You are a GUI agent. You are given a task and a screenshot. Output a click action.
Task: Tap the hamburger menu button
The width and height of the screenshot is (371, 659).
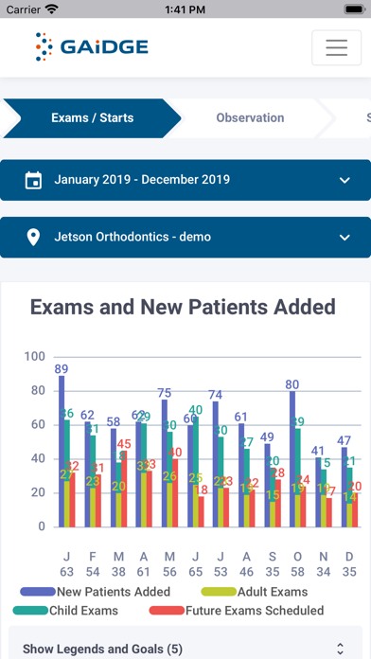336,47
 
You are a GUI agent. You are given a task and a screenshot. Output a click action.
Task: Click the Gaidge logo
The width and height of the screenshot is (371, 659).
92,46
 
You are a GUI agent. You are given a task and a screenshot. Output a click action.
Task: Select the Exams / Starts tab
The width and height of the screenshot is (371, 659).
92,118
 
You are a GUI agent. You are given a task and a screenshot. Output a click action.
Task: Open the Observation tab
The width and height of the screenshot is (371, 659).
250,118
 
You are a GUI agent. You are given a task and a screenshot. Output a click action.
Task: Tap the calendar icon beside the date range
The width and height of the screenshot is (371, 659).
33,180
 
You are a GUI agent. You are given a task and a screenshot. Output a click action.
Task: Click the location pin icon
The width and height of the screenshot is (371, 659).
33,237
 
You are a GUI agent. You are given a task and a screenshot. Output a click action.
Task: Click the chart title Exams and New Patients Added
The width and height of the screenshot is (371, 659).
183,307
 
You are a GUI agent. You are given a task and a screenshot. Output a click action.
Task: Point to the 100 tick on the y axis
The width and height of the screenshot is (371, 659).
34,357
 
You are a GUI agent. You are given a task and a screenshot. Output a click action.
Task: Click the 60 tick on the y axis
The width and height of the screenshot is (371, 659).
34,424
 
